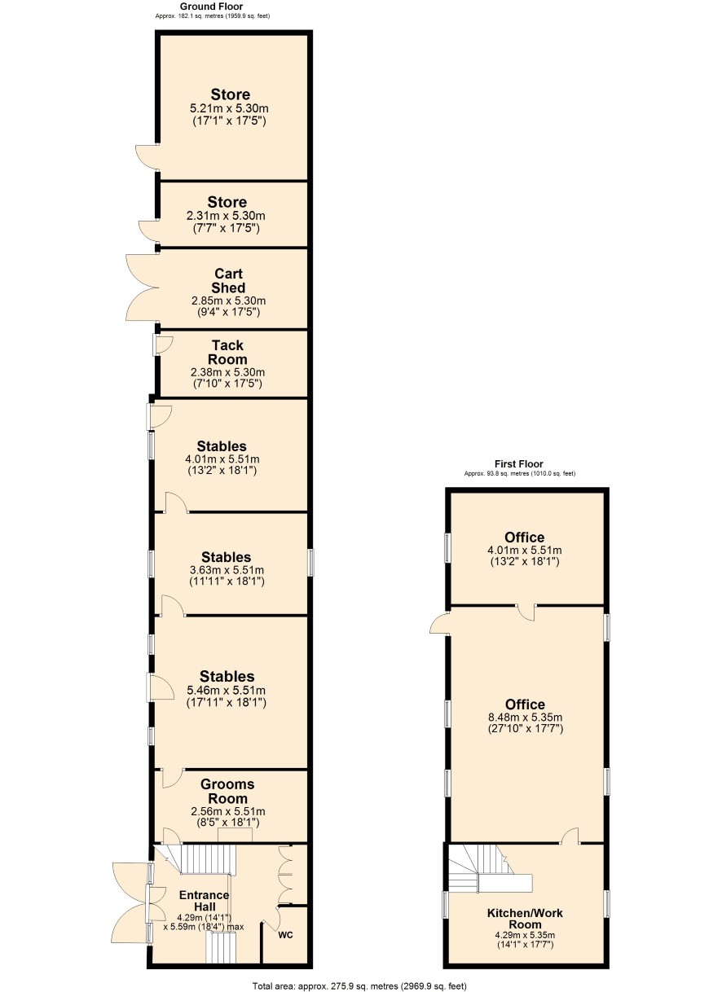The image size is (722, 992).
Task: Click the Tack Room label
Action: pyautogui.click(x=227, y=352)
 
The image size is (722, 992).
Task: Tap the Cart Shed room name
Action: pyautogui.click(x=228, y=281)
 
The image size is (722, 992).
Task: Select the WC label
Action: pyautogui.click(x=285, y=935)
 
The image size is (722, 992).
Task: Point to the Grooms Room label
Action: pyautogui.click(x=227, y=791)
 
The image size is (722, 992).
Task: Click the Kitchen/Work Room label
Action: pyautogui.click(x=525, y=919)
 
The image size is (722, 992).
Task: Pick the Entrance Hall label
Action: pyautogui.click(x=205, y=901)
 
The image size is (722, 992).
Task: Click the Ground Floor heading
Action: pyautogui.click(x=211, y=7)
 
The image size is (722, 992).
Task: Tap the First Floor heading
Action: pyautogui.click(x=518, y=463)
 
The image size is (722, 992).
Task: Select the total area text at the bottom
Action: pyautogui.click(x=359, y=985)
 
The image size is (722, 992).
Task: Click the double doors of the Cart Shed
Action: pyautogui.click(x=143, y=288)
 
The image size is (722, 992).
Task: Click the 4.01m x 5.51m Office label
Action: pyautogui.click(x=524, y=550)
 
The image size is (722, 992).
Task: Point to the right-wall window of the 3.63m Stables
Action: pyautogui.click(x=311, y=563)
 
